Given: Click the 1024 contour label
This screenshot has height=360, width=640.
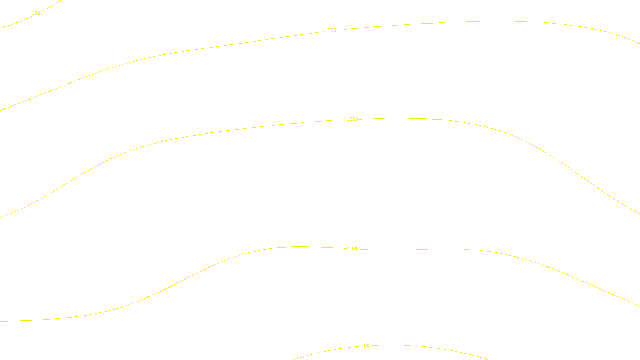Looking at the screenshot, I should click(37, 13).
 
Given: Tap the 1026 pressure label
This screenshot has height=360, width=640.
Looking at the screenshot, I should click(330, 30).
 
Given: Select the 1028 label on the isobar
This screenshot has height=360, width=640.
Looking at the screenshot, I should click(352, 119).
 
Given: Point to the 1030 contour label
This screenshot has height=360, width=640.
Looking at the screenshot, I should click(353, 249).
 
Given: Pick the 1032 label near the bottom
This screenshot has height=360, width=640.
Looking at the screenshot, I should click(365, 346).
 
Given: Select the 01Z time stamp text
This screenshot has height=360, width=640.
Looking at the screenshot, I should click(303, 354).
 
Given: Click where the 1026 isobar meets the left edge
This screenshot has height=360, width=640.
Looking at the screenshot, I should click(0, 110).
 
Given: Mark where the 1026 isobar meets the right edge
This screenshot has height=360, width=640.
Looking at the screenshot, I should click(639, 44).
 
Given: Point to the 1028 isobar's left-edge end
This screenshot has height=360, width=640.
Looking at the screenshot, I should click(0, 217).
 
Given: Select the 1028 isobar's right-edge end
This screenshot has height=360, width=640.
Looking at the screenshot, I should click(639, 213).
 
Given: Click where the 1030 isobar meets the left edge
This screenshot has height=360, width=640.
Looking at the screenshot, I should click(0, 321).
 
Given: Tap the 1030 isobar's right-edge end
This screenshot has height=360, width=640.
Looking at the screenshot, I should click(639, 306).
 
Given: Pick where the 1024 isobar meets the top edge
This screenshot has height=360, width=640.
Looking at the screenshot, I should click(60, 0).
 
